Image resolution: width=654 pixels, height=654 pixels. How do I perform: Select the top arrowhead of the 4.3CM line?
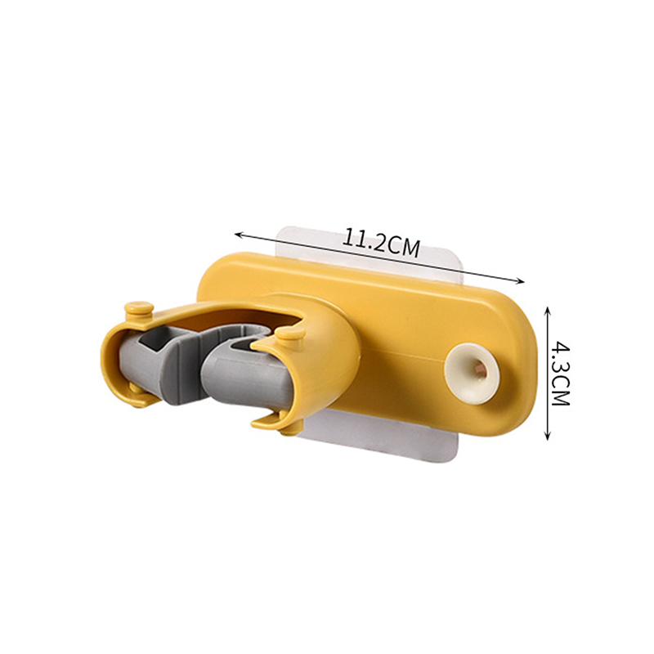548,311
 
